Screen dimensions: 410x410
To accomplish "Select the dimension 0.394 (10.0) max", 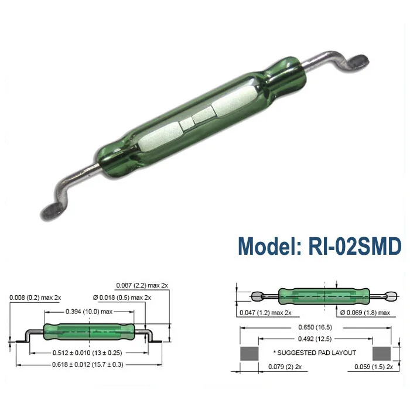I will tap(88, 311).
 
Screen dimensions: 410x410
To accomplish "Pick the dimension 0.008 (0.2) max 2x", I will tap(35, 298).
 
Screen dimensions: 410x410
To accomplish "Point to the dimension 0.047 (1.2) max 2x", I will tap(265, 313).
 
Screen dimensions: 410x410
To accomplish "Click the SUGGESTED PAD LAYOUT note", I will tap(315, 353).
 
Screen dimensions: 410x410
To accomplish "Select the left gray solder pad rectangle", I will tap(249, 354).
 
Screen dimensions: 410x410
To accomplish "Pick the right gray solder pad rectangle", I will tap(381, 354).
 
